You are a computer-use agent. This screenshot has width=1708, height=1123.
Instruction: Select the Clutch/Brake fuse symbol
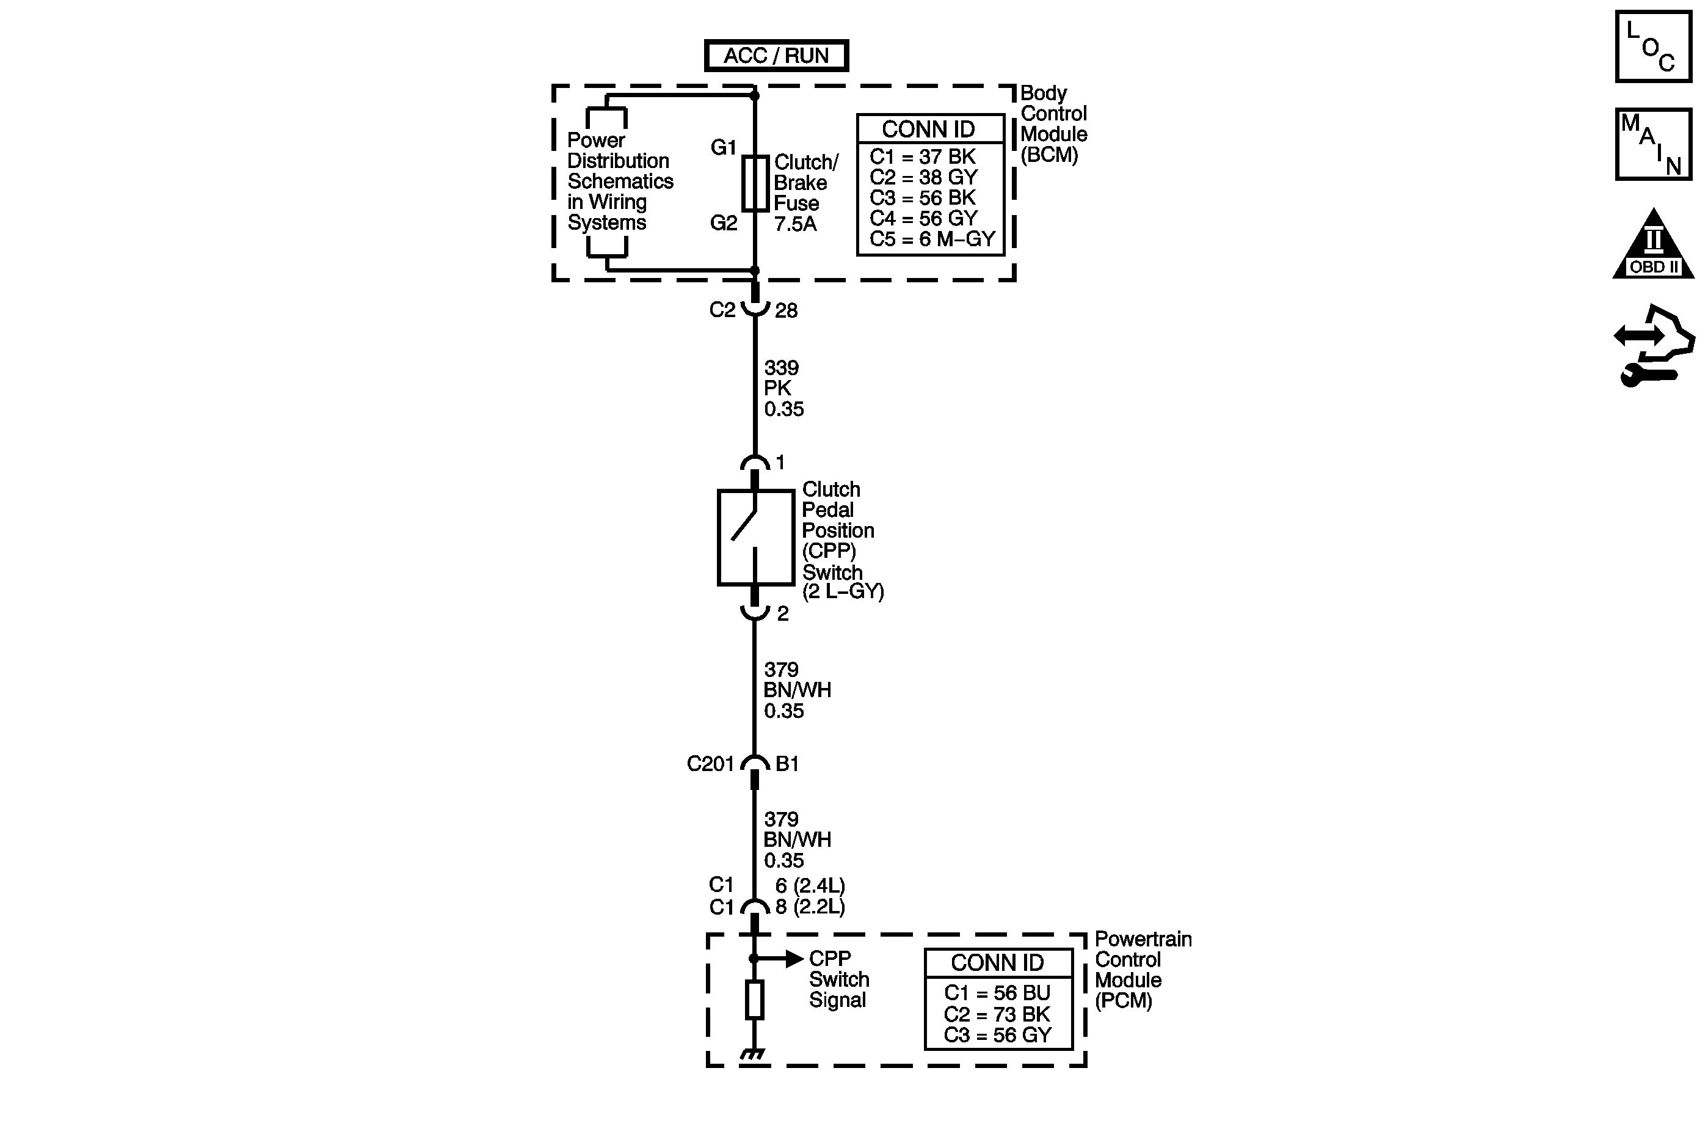tap(755, 183)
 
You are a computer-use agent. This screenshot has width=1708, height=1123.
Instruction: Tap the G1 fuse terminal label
tap(724, 147)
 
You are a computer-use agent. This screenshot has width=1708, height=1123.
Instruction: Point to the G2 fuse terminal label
tap(724, 223)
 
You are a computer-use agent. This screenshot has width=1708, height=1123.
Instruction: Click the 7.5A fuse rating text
tap(795, 224)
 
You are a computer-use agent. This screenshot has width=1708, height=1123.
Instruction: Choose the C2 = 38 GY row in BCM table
tap(923, 177)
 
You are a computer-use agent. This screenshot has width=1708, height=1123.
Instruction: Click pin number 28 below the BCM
tap(786, 310)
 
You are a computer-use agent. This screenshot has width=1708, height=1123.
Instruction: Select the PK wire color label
tap(777, 389)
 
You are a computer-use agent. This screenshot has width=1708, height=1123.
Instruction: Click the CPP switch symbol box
tap(755, 537)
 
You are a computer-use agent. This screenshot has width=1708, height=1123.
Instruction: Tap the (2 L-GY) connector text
tap(843, 591)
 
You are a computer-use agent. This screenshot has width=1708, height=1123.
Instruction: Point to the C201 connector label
tap(710, 763)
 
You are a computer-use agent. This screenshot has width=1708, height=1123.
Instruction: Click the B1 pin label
tap(787, 763)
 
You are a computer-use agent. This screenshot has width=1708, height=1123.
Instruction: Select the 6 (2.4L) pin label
tap(810, 885)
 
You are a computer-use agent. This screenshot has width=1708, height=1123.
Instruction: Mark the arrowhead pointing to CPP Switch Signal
tap(794, 959)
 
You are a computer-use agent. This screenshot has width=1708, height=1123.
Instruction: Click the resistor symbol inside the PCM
tap(754, 1000)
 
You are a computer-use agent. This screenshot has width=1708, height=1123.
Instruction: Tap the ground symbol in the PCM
tap(753, 1055)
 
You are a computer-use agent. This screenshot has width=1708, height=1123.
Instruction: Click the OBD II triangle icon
tap(1654, 246)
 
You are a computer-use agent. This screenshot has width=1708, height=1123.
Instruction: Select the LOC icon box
tap(1654, 46)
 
